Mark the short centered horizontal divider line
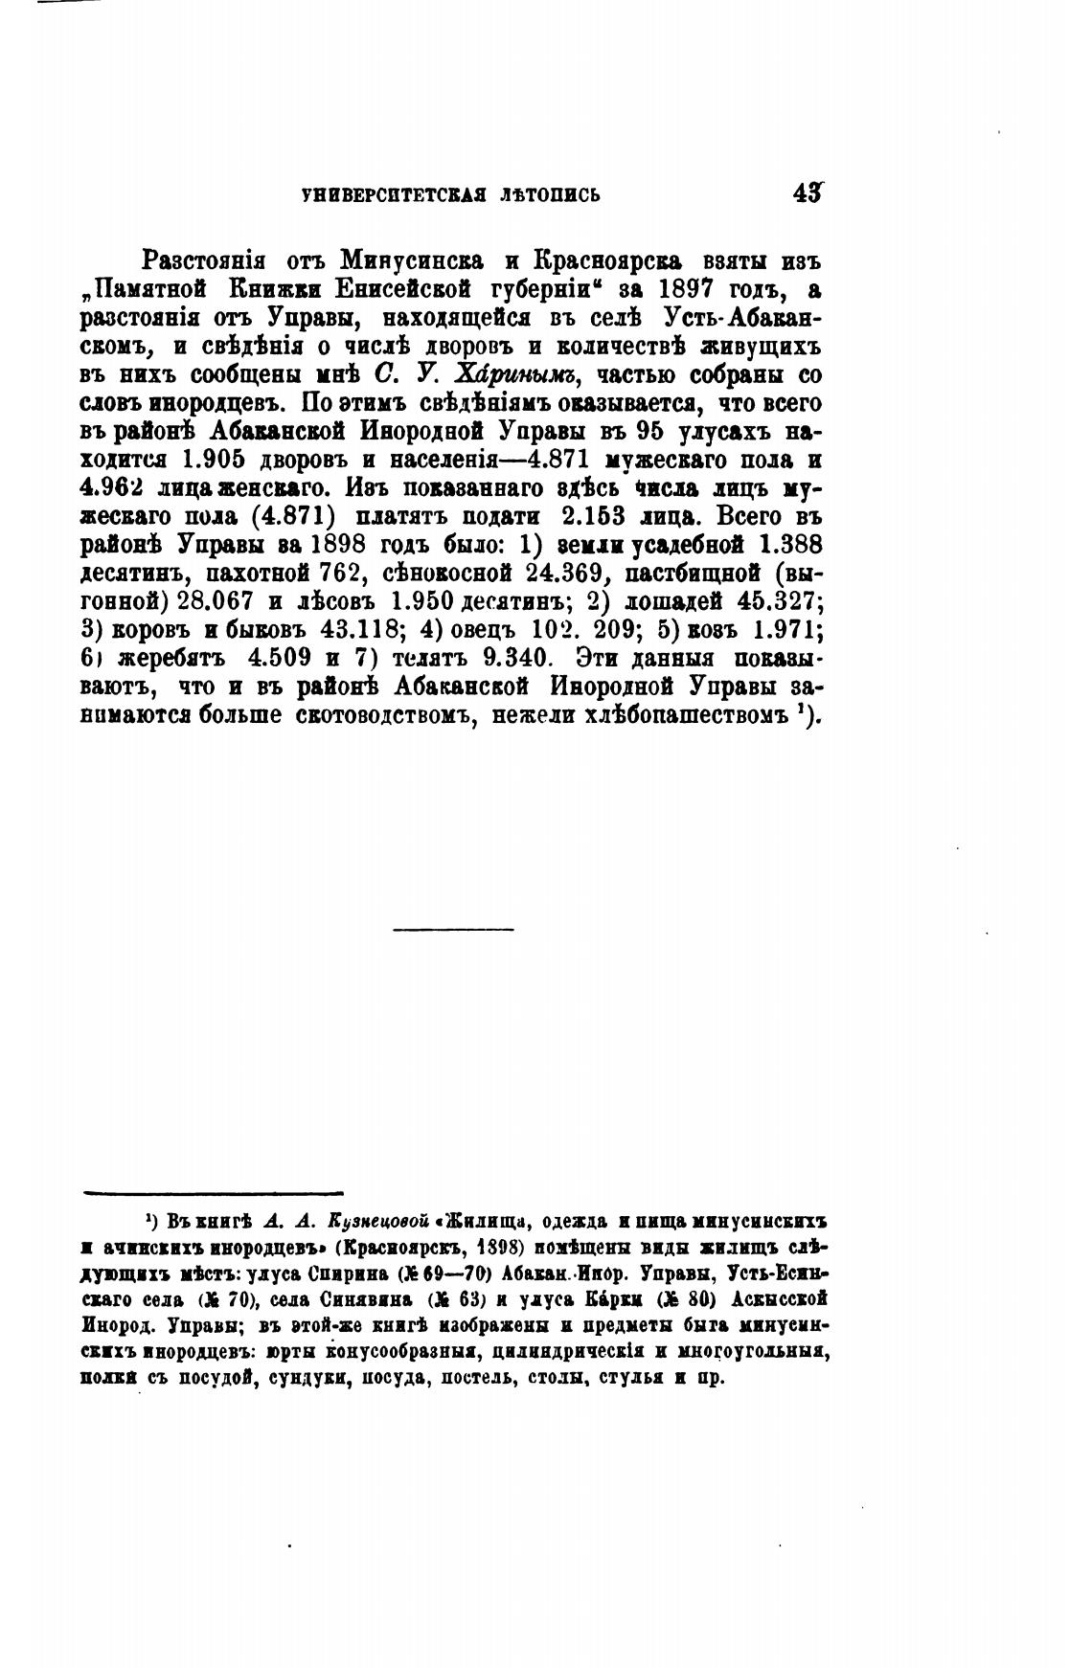pos(453,928)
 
